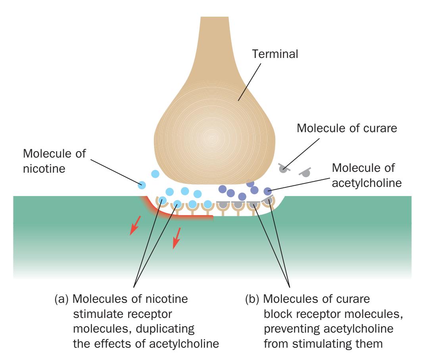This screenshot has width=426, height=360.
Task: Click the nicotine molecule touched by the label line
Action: [142, 185]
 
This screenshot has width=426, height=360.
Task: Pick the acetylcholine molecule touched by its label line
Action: [268, 191]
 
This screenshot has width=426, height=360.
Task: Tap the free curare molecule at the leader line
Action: [283, 168]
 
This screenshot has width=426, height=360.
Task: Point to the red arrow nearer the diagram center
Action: [177, 238]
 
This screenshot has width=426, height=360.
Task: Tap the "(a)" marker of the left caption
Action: [62, 298]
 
